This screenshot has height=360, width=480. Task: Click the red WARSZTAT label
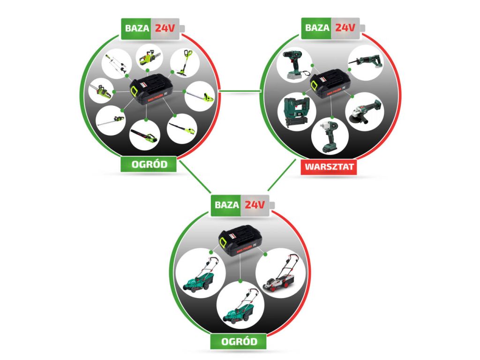pos(329,167)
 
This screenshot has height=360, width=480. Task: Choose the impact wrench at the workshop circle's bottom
pos(330,136)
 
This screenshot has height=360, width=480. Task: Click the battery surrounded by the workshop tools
pos(331,84)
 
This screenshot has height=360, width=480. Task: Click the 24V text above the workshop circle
pos(345,28)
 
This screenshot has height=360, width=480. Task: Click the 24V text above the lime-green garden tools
pos(165,28)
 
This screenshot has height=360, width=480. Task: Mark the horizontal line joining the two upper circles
pos(240,90)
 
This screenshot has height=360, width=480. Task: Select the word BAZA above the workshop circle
pos(317,28)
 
